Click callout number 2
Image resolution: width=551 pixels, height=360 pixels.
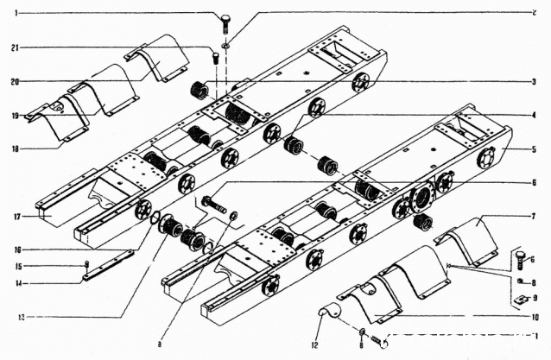click(535, 13)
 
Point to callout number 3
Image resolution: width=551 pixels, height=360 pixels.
click(535, 82)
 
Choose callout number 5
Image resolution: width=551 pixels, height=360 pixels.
click(535, 148)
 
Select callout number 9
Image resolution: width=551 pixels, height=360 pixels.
click(535, 298)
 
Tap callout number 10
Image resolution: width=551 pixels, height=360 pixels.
click(535, 317)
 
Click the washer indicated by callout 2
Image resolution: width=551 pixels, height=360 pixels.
click(225, 45)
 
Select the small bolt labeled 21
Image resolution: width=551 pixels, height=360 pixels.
click(215, 59)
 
